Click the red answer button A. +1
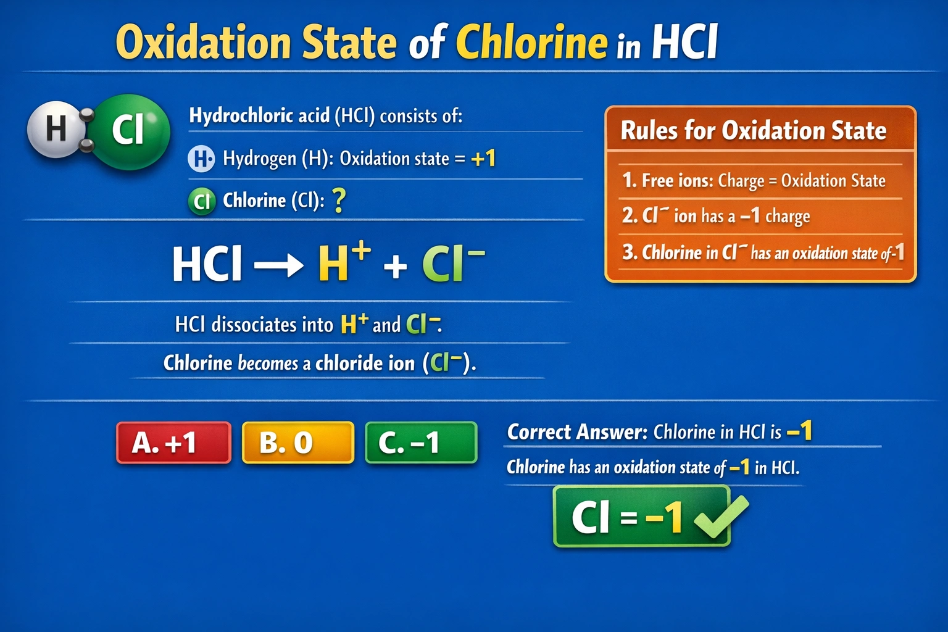tap(173, 443)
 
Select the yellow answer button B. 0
tap(297, 443)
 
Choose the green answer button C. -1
tap(421, 443)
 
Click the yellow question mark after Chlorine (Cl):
tap(339, 201)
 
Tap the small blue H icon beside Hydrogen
tap(201, 159)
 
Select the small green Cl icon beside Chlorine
tap(201, 201)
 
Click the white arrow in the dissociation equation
tap(278, 266)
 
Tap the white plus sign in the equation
tap(395, 267)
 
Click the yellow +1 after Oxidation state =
tap(483, 159)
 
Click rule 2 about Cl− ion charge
tap(716, 216)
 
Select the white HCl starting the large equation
tap(207, 265)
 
